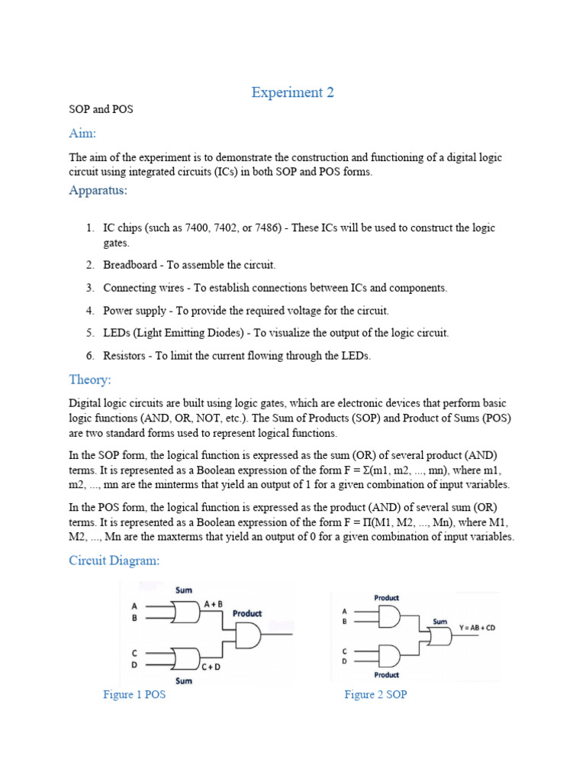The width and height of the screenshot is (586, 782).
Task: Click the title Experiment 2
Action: tap(293, 92)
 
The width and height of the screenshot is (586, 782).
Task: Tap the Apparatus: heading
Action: tap(98, 189)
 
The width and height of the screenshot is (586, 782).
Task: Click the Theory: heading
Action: tap(90, 380)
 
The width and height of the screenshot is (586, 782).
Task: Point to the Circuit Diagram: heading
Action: tap(114, 561)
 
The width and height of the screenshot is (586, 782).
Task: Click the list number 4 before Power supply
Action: tap(89, 311)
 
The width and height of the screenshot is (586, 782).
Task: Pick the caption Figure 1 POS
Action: tap(134, 695)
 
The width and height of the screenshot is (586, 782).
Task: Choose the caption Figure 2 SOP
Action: tap(375, 695)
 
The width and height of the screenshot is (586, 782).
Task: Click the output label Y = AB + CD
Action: tap(477, 628)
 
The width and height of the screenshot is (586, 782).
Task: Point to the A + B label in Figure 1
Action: tap(214, 603)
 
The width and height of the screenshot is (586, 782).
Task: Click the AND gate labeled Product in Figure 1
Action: tap(249, 634)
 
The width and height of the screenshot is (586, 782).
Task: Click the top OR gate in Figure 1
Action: tap(185, 611)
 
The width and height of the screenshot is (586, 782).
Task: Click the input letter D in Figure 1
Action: tap(134, 665)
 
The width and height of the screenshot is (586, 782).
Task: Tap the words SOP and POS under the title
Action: tap(101, 109)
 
